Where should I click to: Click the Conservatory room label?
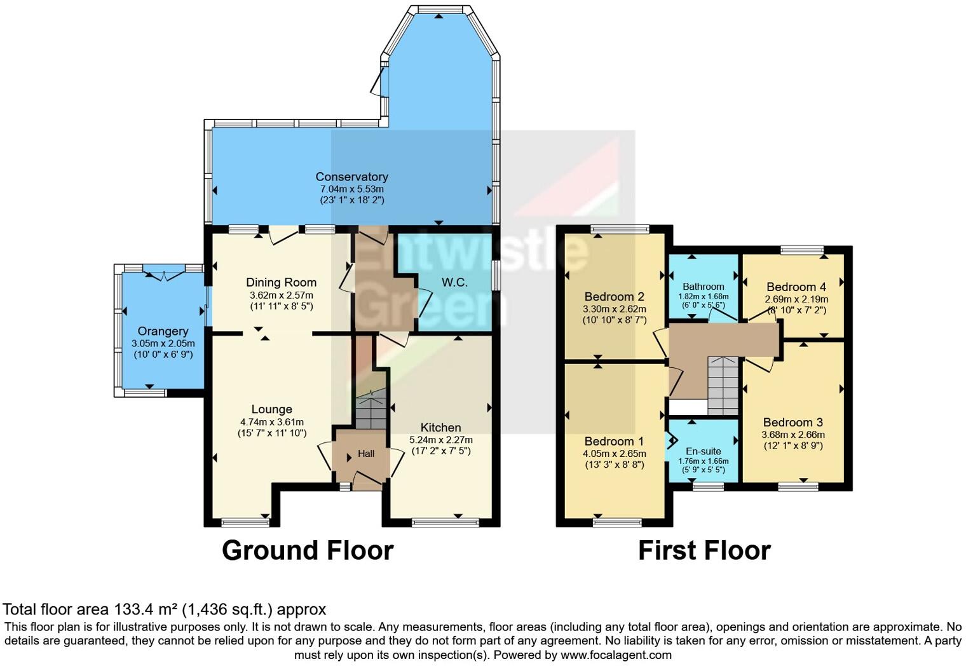click(351, 177)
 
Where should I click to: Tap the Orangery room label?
click(163, 331)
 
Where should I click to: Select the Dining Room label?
click(281, 282)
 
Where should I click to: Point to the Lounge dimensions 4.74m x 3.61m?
click(271, 422)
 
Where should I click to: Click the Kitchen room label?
click(440, 427)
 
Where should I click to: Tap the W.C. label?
click(454, 282)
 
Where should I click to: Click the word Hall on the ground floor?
click(366, 454)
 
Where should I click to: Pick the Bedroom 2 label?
click(614, 296)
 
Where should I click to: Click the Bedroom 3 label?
click(793, 422)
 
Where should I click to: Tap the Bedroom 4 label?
click(796, 287)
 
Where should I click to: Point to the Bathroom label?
click(703, 287)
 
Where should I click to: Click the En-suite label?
click(703, 451)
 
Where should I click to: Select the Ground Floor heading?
click(308, 550)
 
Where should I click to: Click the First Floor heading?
click(704, 550)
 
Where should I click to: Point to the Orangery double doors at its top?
click(163, 274)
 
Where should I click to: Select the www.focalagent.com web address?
click(615, 655)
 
